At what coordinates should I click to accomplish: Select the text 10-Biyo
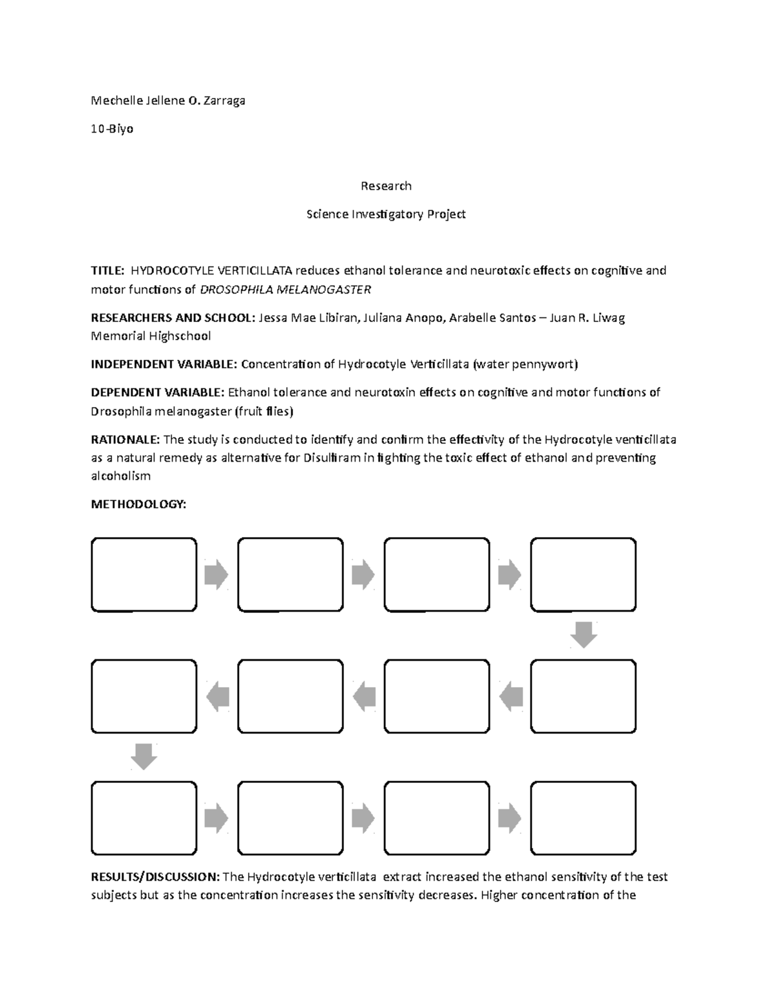[x=112, y=129]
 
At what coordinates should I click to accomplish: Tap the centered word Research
[x=386, y=186]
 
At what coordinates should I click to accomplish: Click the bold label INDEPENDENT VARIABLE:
[x=164, y=364]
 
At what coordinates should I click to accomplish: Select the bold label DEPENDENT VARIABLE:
[x=158, y=392]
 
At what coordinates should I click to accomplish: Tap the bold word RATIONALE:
[x=125, y=440]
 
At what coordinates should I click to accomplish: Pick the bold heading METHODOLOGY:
[x=138, y=504]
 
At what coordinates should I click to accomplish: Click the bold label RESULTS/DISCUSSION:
[x=155, y=877]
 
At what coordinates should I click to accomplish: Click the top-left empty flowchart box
[x=144, y=574]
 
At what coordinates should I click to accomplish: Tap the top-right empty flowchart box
[x=583, y=574]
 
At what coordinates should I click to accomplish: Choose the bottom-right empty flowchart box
[x=583, y=818]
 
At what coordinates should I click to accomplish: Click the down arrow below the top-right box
[x=584, y=634]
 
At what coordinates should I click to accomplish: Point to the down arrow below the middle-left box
[x=144, y=757]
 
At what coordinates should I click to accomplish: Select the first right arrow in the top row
[x=216, y=574]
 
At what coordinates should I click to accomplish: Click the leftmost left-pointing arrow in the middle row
[x=218, y=697]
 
